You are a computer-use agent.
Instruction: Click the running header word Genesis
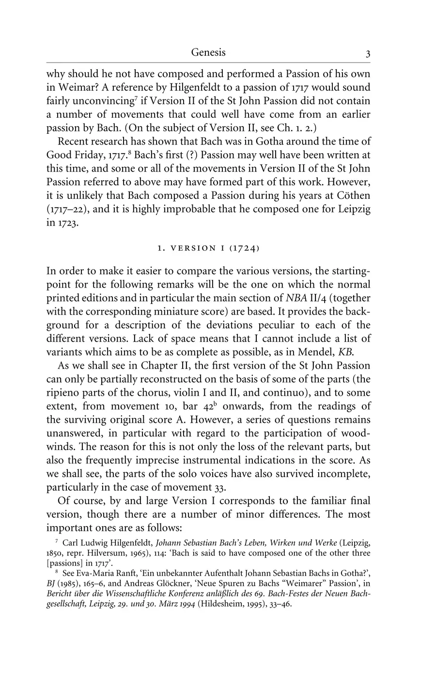(208, 52)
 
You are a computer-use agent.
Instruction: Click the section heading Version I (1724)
(208, 248)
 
